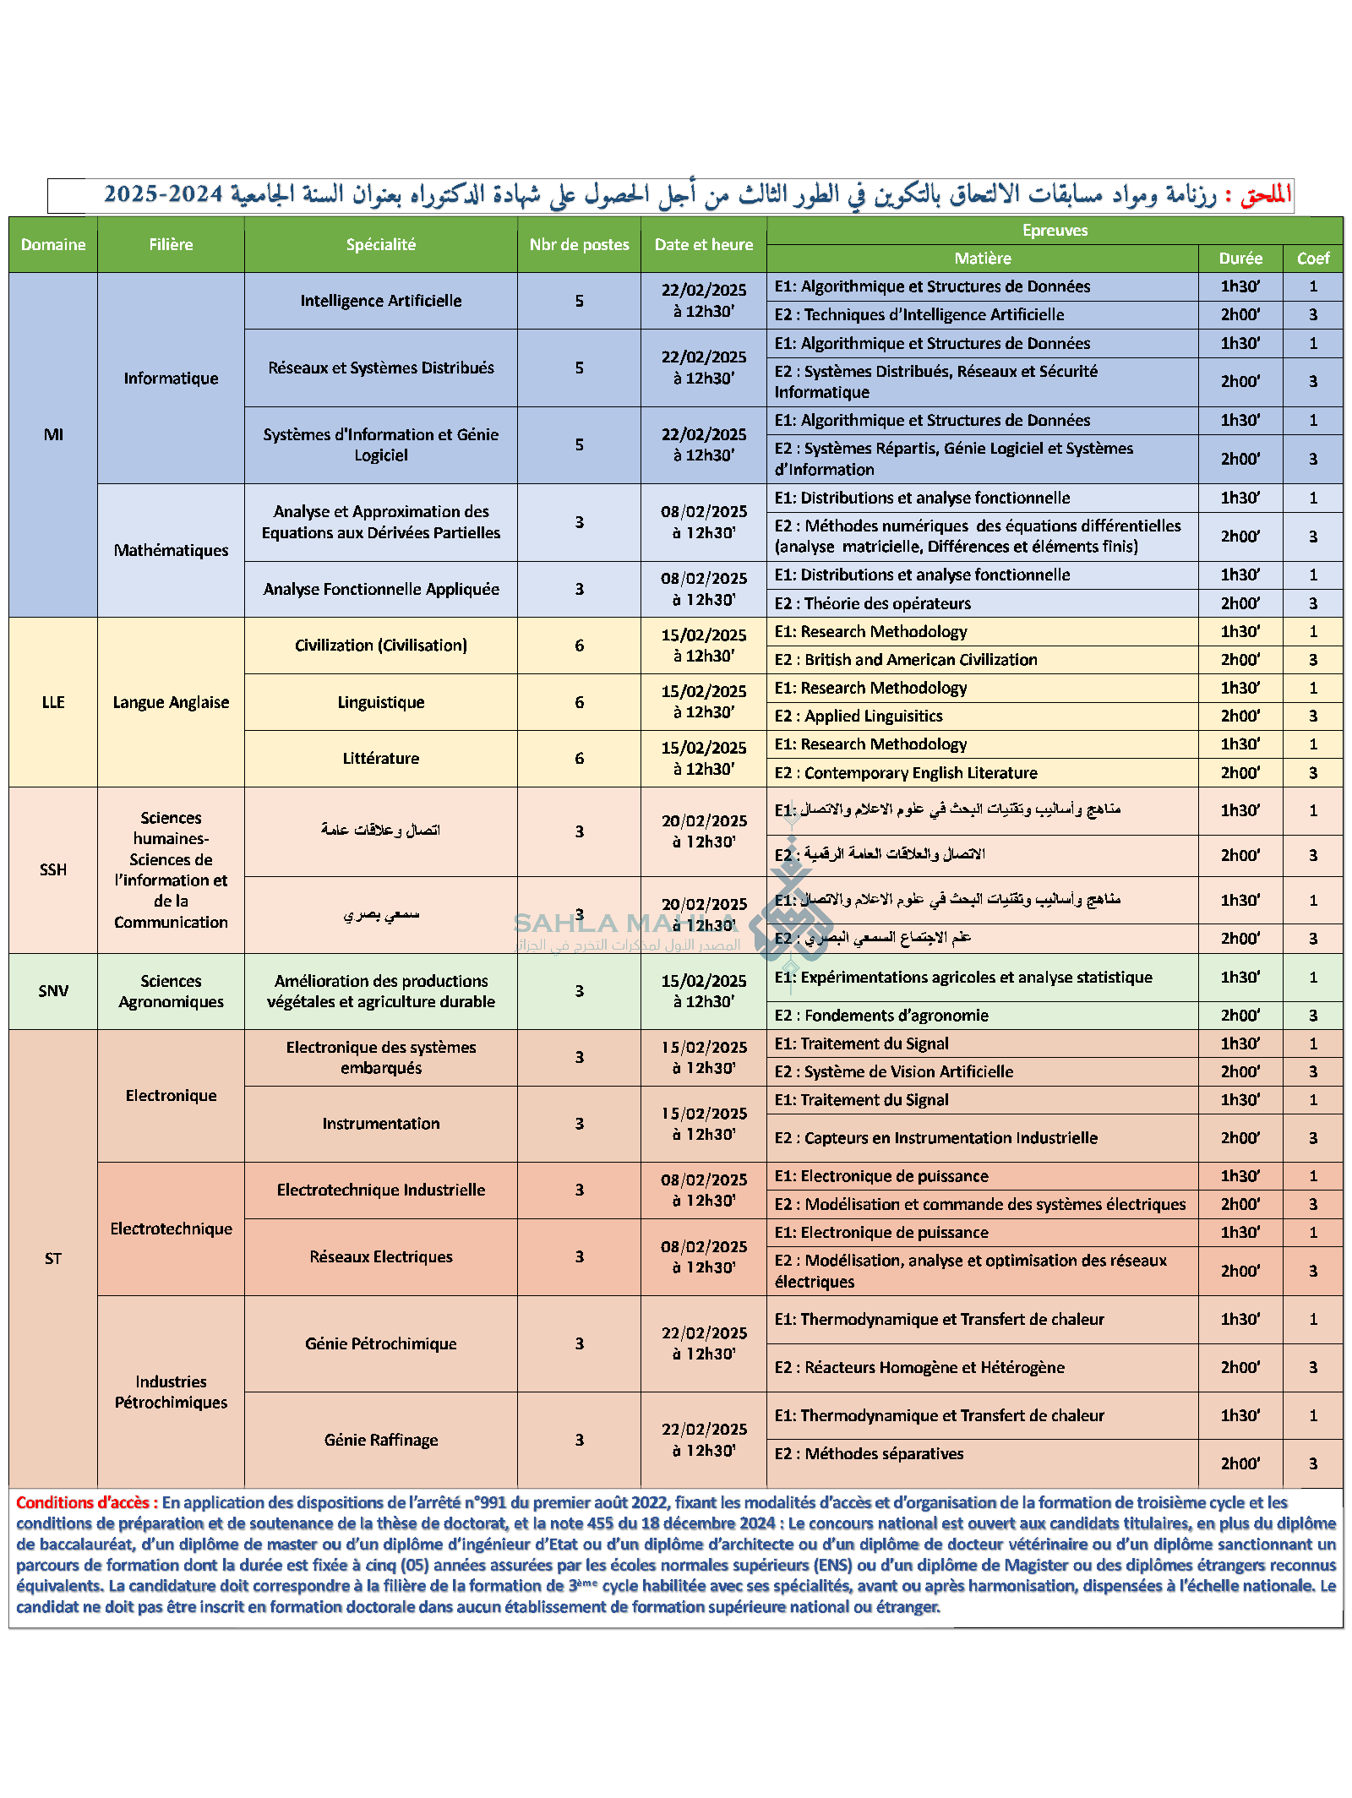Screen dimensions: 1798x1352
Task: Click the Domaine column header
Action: tap(53, 244)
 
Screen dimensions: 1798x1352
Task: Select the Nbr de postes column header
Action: tap(579, 244)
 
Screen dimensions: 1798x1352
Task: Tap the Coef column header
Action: tap(1312, 259)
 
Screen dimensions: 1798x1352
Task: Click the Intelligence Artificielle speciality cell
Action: tap(380, 301)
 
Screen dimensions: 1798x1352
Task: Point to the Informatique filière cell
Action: tap(171, 378)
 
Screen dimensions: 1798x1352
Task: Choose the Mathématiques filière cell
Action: tap(171, 550)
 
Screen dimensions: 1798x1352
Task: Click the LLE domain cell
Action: tap(53, 702)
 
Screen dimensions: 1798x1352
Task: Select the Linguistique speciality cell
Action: tap(380, 702)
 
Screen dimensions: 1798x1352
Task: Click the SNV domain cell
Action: tap(53, 991)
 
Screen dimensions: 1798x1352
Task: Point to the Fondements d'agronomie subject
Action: tap(881, 1016)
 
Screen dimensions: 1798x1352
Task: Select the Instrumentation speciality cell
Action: tap(380, 1124)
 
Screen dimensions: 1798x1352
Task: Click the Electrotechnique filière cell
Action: tap(171, 1229)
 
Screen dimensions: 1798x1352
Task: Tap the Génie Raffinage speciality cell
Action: tap(380, 1440)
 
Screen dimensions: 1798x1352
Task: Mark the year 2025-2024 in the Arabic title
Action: tap(163, 195)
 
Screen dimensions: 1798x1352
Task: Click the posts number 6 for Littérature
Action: tap(579, 759)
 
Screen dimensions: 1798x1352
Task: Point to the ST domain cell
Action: tap(53, 1259)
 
